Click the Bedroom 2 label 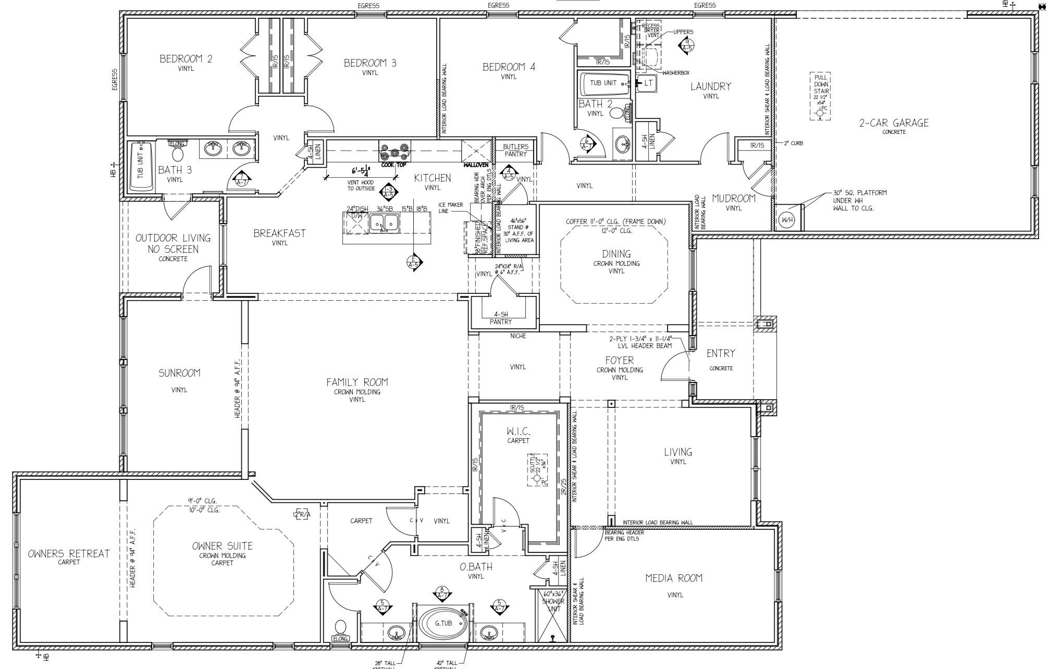tap(186, 59)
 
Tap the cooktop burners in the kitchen tap(394, 151)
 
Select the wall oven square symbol tap(476, 151)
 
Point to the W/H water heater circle tap(787, 220)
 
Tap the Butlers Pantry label tap(515, 150)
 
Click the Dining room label tap(616, 254)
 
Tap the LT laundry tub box tap(648, 83)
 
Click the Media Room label tap(674, 578)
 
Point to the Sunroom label tap(179, 373)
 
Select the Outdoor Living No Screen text tap(173, 243)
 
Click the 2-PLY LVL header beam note tap(640, 342)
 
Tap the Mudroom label tap(734, 199)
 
